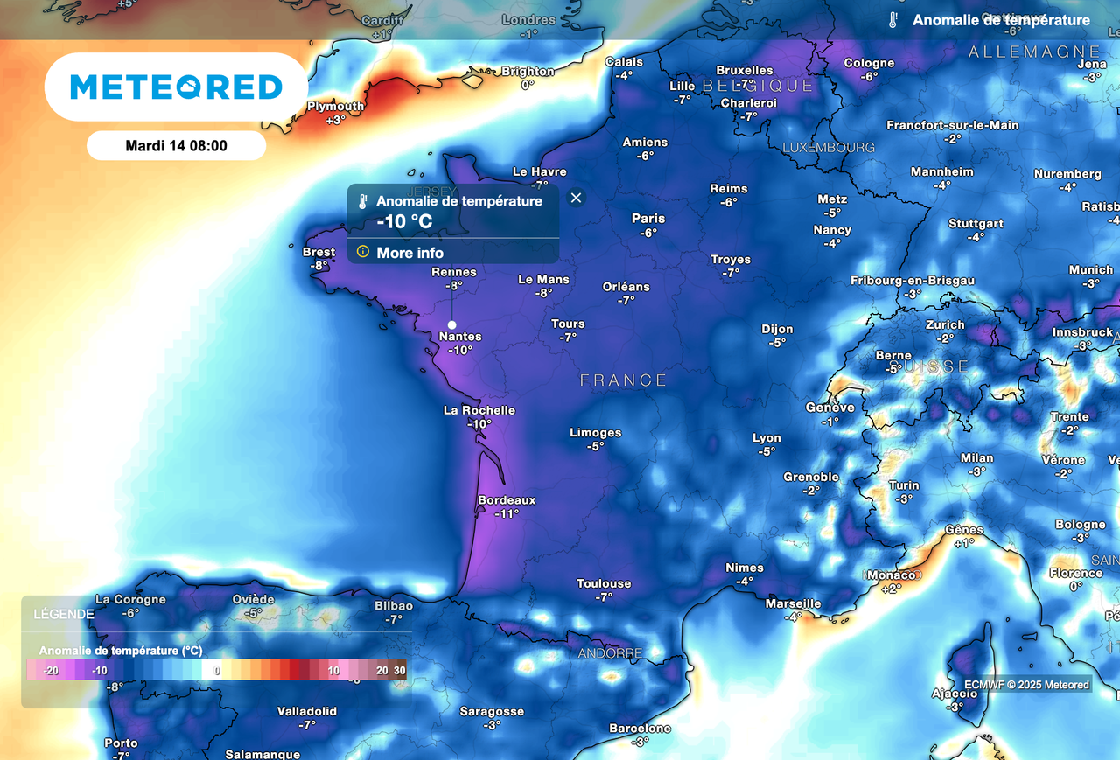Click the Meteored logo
click(176, 87)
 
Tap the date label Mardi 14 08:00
click(176, 146)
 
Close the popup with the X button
click(576, 198)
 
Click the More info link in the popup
click(409, 253)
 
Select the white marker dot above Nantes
click(451, 324)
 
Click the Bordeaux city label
click(507, 500)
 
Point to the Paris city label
click(648, 219)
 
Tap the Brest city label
click(318, 252)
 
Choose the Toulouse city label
click(604, 583)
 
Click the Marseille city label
click(793, 603)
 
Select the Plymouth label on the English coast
click(335, 107)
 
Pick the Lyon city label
click(766, 438)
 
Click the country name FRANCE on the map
click(624, 380)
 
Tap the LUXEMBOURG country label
click(828, 147)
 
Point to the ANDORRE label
click(610, 653)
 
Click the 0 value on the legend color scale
click(217, 670)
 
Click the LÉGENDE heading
click(64, 614)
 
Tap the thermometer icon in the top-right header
click(892, 20)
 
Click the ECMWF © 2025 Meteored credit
click(1026, 685)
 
